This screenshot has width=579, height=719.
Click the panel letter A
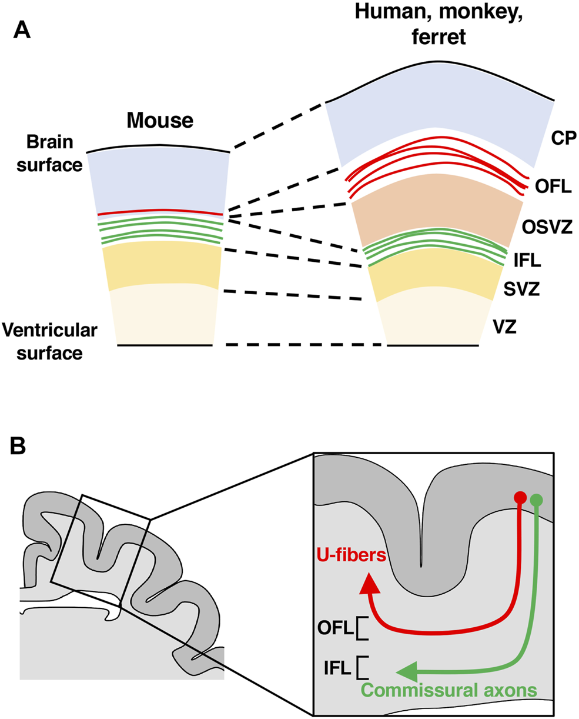tap(22, 29)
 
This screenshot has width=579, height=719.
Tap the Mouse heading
tap(160, 121)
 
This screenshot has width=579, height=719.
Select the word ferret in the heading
tap(437, 39)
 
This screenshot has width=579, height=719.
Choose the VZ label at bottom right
tap(505, 326)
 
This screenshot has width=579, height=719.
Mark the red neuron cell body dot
tap(520, 497)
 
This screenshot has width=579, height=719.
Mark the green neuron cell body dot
tap(536, 501)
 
